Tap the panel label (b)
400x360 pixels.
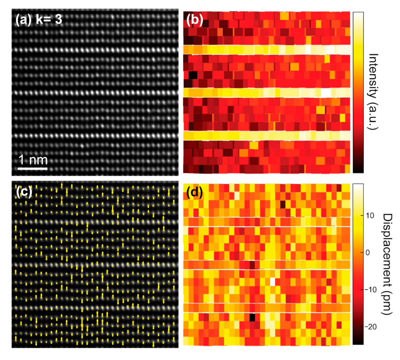tap(195, 21)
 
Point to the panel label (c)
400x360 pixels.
tap(24, 192)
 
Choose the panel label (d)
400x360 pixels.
tap(195, 193)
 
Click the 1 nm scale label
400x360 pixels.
tap(33, 160)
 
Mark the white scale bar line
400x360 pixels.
tap(33, 168)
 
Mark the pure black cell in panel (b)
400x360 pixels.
tap(192, 75)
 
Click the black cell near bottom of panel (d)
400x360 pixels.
tap(252, 317)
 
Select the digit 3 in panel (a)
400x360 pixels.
tap(58, 20)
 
